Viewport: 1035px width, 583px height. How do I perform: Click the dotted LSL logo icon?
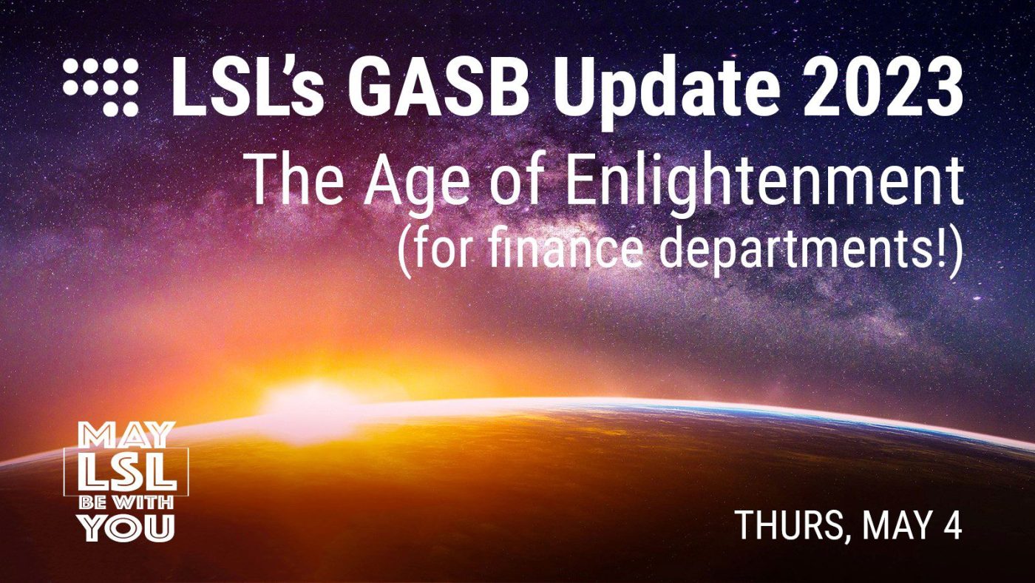[101, 87]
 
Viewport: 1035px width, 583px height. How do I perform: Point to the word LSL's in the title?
[247, 88]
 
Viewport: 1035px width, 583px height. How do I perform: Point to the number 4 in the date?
[951, 525]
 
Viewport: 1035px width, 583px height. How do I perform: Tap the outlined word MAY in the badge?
[126, 434]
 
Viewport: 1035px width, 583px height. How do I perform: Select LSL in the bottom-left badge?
[126, 472]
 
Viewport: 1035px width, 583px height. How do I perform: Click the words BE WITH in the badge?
[126, 503]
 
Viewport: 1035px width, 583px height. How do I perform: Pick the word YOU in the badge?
[126, 528]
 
